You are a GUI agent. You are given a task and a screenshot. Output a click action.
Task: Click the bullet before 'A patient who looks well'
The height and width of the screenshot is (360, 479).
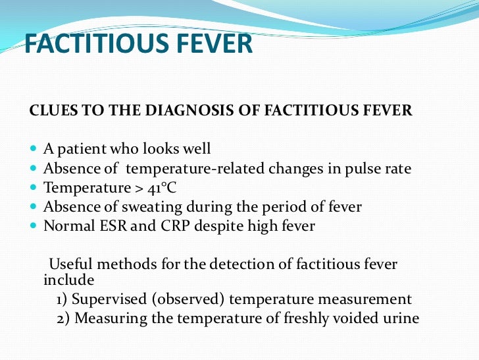point(34,149)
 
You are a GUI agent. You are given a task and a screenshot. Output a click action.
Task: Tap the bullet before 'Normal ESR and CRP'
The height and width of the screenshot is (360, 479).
point(34,226)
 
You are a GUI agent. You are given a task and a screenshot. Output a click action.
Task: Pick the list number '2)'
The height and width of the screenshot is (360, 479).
point(63,318)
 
